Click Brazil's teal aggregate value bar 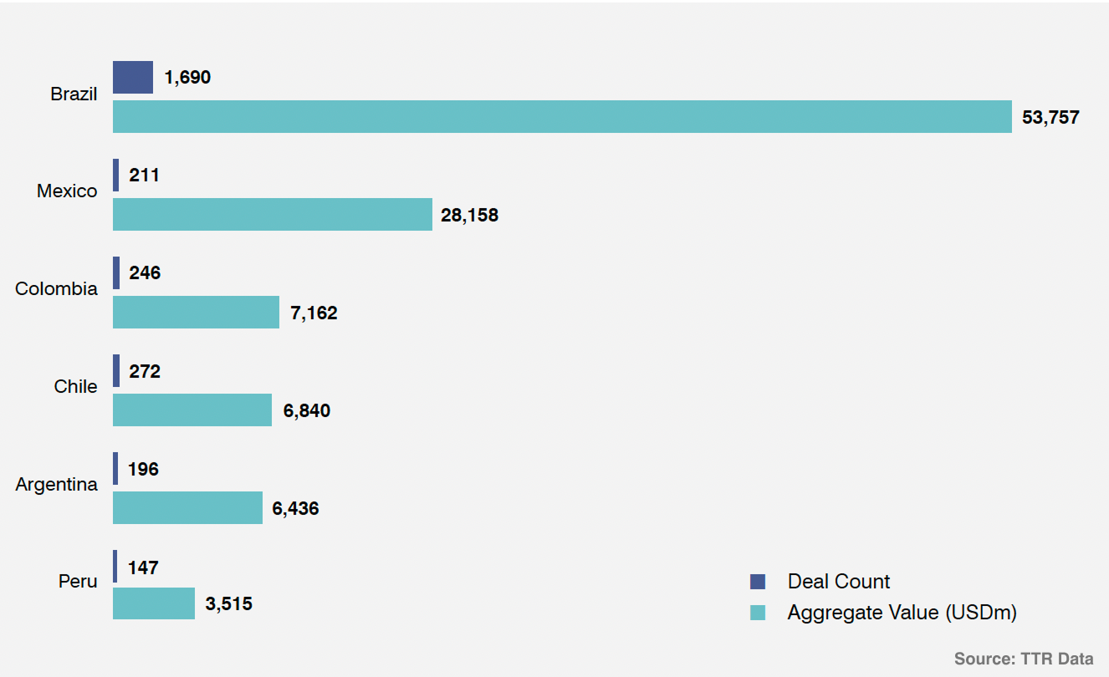pyautogui.click(x=562, y=117)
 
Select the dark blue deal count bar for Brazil pyautogui.click(x=133, y=77)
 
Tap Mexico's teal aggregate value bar pyautogui.click(x=273, y=215)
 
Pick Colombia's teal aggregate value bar pyautogui.click(x=196, y=313)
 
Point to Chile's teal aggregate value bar pyautogui.click(x=192, y=410)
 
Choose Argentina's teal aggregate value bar pyautogui.click(x=187, y=508)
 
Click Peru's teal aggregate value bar pyautogui.click(x=154, y=603)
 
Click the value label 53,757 pyautogui.click(x=1050, y=117)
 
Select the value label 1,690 pyautogui.click(x=187, y=78)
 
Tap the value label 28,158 pyautogui.click(x=469, y=216)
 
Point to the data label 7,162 pyautogui.click(x=314, y=313)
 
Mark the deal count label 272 pyautogui.click(x=145, y=371)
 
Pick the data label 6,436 pyautogui.click(x=295, y=508)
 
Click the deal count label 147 pyautogui.click(x=143, y=568)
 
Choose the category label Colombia pyautogui.click(x=56, y=289)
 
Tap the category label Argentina pyautogui.click(x=56, y=485)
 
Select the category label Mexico pyautogui.click(x=67, y=191)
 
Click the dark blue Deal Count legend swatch pyautogui.click(x=758, y=582)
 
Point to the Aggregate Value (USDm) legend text pyautogui.click(x=902, y=613)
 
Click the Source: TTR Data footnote pyautogui.click(x=1023, y=659)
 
